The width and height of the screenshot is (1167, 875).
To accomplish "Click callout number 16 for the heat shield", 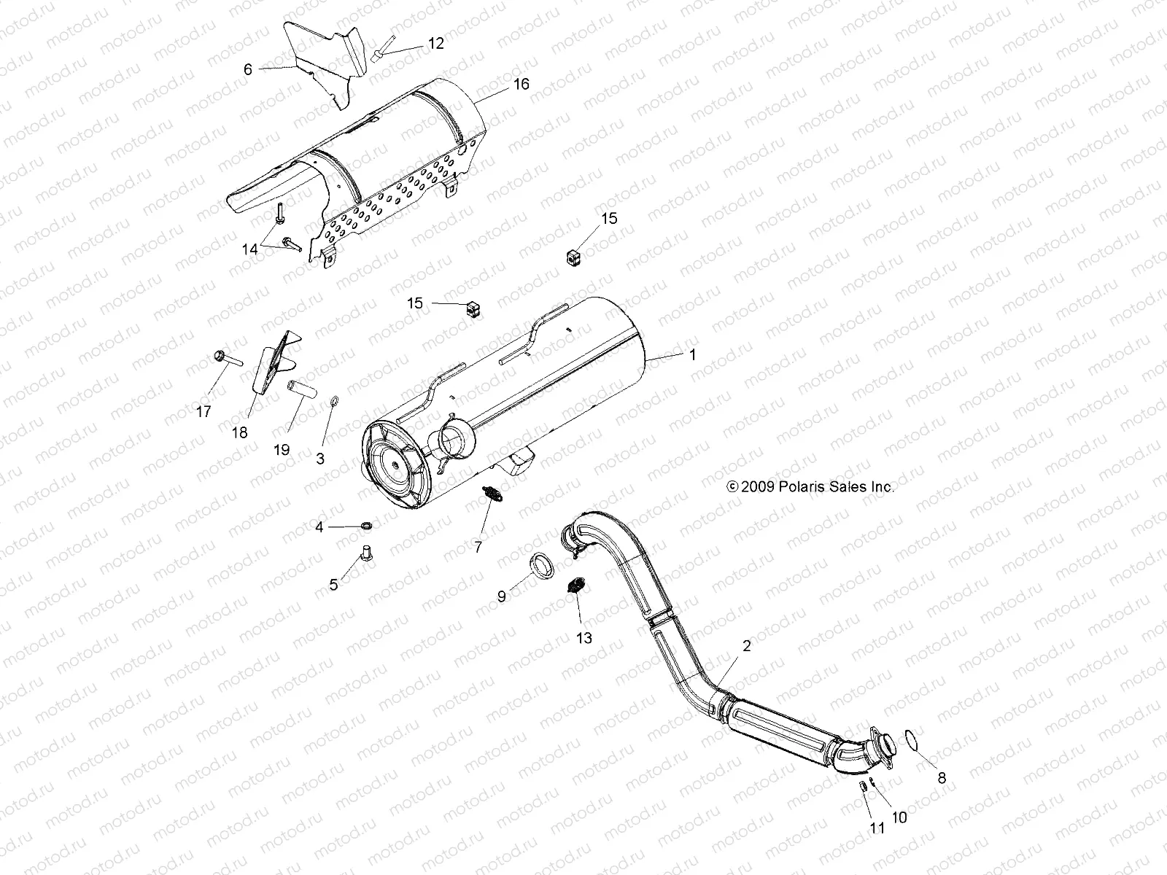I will click(x=521, y=84).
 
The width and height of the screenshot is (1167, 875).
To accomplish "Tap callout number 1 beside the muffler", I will click(x=692, y=355).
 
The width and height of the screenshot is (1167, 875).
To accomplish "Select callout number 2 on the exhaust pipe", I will click(x=746, y=645).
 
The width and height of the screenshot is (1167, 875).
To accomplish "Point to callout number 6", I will click(x=248, y=69).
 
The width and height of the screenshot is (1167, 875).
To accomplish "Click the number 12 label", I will click(x=435, y=43).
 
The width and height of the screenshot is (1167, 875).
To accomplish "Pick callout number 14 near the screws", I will click(x=250, y=249).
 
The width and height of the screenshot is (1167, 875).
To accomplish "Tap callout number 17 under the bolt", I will click(x=203, y=412).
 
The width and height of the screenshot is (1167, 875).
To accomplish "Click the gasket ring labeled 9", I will click(x=540, y=566).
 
